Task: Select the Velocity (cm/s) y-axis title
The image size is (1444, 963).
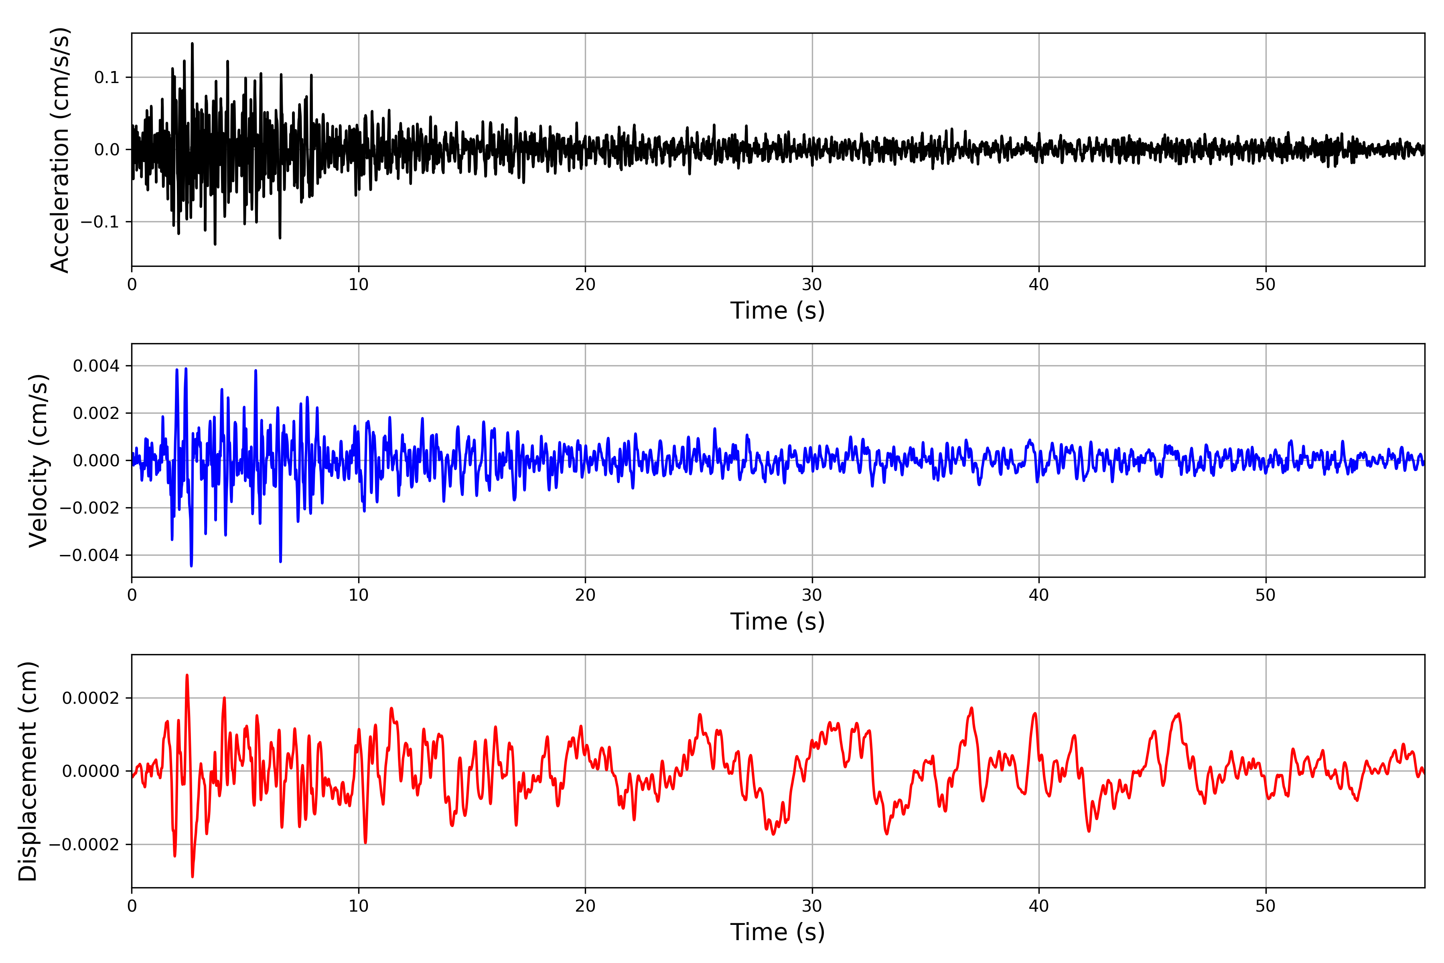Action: [x=38, y=461]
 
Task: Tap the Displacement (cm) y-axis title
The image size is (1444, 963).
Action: [x=28, y=771]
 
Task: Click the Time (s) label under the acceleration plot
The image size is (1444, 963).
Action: [x=777, y=311]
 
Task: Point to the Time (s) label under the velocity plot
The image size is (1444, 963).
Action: [x=777, y=622]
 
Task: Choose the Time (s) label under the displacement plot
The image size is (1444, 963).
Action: [x=777, y=932]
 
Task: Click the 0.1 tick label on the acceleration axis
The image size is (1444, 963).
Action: [x=106, y=77]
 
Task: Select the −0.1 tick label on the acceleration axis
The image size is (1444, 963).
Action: [x=100, y=222]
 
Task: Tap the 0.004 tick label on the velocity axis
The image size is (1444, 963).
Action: [x=96, y=366]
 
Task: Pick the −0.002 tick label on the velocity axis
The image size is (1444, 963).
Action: [x=89, y=508]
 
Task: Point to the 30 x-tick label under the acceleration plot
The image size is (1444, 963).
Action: [x=811, y=285]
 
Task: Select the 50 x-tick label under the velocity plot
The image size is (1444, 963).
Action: [x=1266, y=595]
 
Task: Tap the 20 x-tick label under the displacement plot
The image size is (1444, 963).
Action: [x=585, y=906]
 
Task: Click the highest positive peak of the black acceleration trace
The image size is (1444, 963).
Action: [x=192, y=44]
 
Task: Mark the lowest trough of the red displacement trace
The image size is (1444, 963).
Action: [x=192, y=876]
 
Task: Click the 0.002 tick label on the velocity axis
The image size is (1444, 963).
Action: [x=96, y=413]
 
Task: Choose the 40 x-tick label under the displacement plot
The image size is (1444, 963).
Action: [x=1039, y=906]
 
